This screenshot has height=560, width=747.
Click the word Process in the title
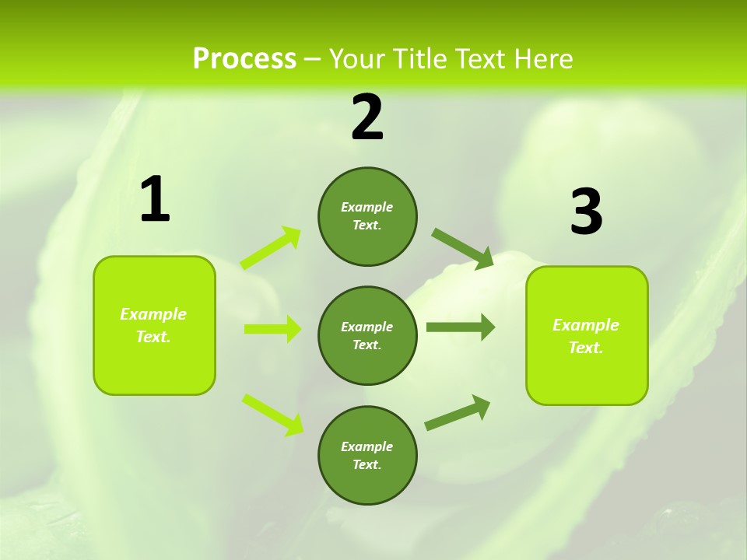click(244, 59)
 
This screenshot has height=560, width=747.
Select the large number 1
click(155, 200)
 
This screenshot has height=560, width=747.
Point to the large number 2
click(367, 117)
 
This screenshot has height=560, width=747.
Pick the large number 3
click(586, 212)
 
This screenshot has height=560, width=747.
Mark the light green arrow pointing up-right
click(271, 248)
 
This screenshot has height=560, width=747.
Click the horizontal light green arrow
click(272, 329)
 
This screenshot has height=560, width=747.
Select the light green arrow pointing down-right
click(272, 414)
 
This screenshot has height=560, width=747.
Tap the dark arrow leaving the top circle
click(463, 249)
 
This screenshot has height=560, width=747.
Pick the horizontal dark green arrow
click(461, 327)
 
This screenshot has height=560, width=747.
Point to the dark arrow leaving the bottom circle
click(458, 412)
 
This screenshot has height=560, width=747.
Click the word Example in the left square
click(153, 314)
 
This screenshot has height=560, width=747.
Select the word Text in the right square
click(585, 348)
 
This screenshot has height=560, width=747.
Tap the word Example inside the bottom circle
click(366, 446)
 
